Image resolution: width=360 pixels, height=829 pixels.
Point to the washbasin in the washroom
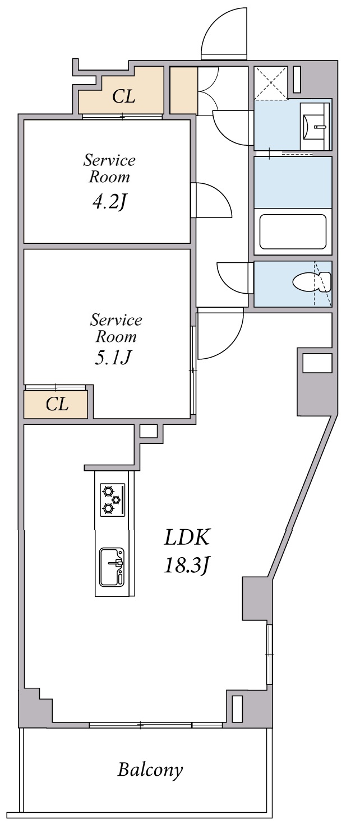click(x=312, y=127)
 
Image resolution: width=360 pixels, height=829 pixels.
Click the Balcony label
click(x=150, y=770)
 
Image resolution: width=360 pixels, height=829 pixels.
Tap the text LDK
click(x=187, y=538)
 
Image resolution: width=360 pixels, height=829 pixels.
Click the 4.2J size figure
click(x=108, y=202)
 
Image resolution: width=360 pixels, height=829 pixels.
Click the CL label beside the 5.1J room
click(x=57, y=404)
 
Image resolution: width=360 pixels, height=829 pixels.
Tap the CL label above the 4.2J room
click(x=123, y=97)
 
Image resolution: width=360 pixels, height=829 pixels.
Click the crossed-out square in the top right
click(x=271, y=83)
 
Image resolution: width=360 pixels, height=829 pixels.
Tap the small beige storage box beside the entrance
click(x=183, y=90)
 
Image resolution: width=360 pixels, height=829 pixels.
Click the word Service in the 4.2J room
click(x=109, y=160)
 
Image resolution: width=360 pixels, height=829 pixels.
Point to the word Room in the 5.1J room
click(x=116, y=337)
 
